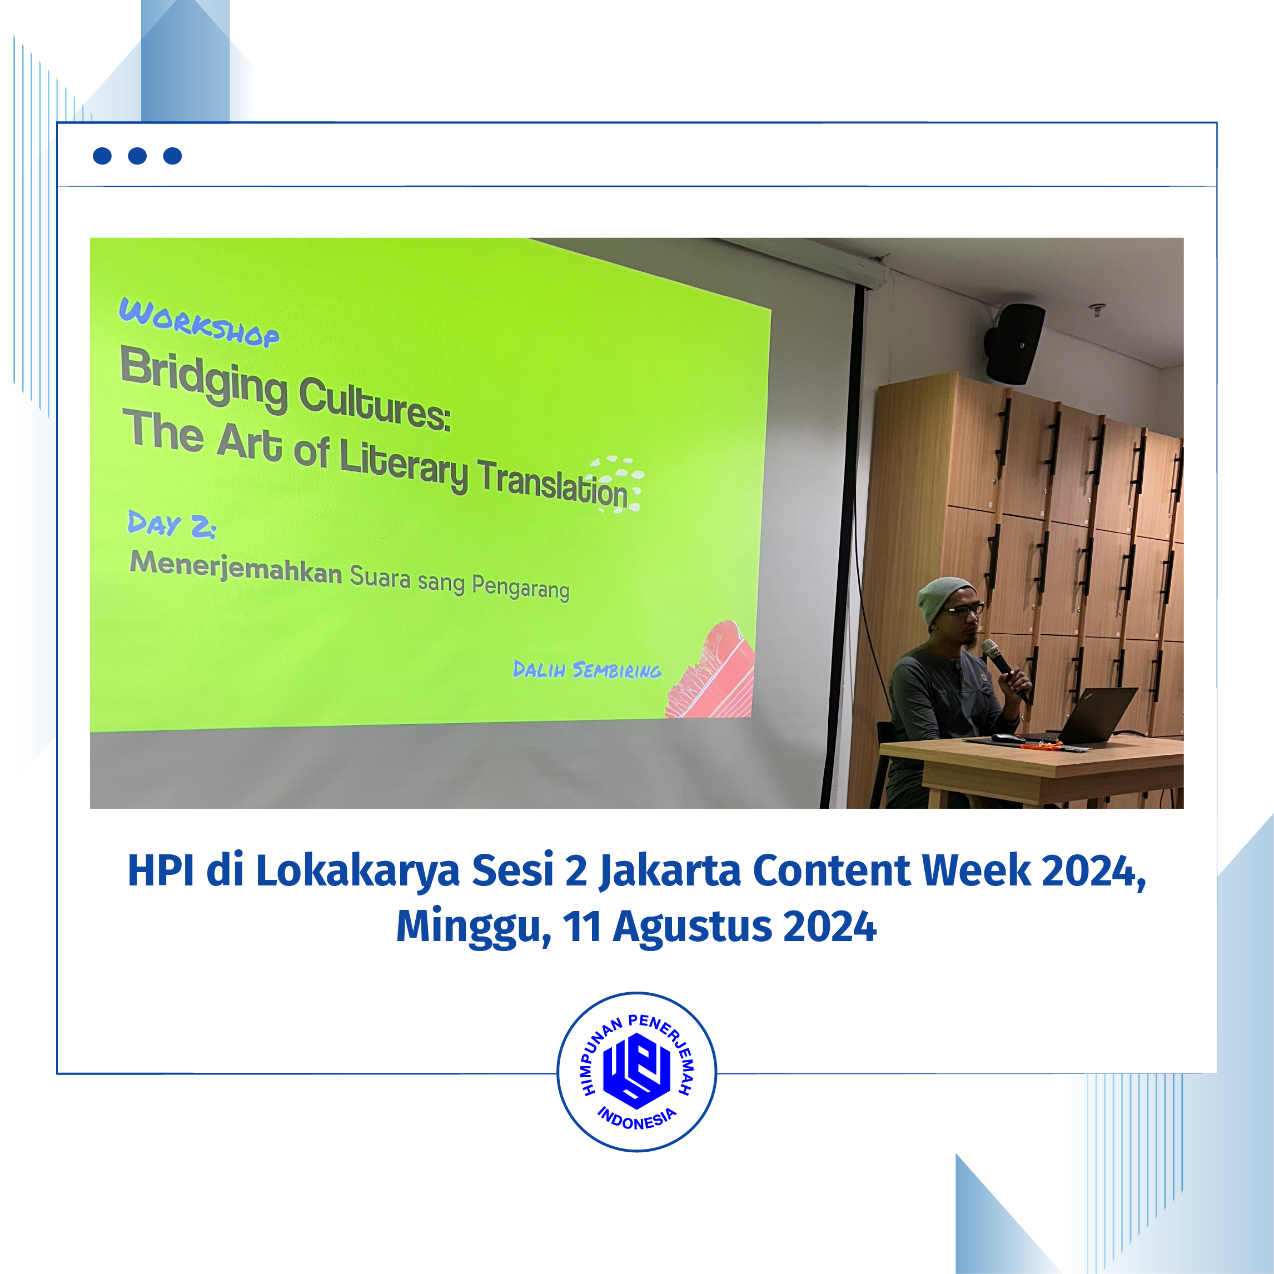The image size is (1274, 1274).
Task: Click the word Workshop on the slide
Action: pos(198,322)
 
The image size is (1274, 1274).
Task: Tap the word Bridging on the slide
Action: pos(205,379)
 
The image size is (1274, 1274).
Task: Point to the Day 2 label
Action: pos(171,524)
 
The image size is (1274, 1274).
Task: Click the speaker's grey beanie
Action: pos(944,598)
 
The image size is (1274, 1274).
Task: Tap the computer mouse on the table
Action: pos(1008,737)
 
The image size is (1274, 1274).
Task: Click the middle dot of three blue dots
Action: pos(137,156)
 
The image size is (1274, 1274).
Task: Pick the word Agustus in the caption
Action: pos(693,928)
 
